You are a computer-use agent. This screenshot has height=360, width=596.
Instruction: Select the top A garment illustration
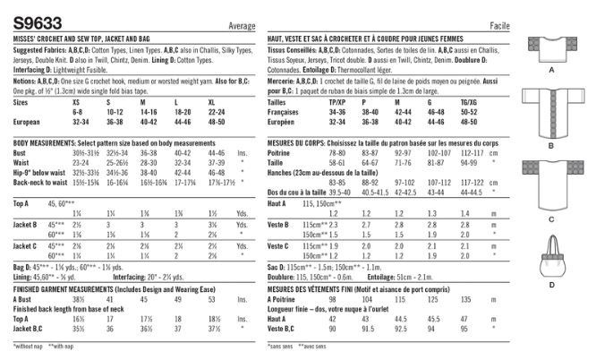tap(551, 45)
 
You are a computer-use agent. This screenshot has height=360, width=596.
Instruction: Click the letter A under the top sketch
tap(551, 69)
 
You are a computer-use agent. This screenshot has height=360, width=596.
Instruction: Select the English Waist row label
tap(25, 161)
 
